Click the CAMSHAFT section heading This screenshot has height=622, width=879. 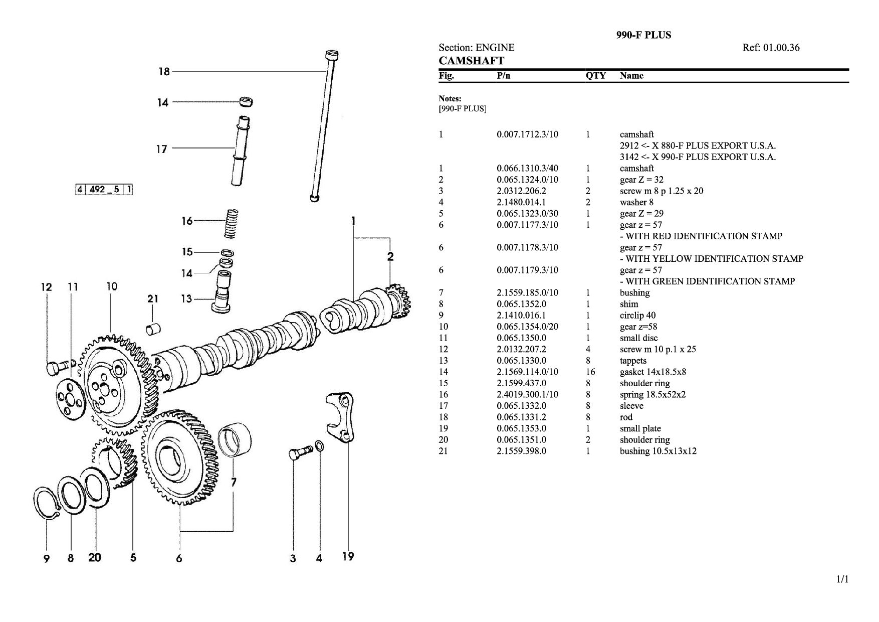click(x=471, y=61)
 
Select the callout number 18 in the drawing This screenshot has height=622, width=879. click(x=164, y=72)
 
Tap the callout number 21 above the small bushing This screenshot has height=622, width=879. click(x=153, y=299)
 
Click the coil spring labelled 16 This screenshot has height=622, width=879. click(x=230, y=223)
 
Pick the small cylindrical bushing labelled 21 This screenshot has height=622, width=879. click(x=153, y=329)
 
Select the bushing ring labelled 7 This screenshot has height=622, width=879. click(x=236, y=440)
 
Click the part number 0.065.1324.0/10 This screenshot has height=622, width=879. click(x=527, y=180)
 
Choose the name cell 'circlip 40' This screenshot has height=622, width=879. click(x=637, y=316)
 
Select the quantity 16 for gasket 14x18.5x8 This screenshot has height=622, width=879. click(x=590, y=372)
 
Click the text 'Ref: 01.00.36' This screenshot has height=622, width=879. click(x=771, y=48)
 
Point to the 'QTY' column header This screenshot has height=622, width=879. click(x=595, y=76)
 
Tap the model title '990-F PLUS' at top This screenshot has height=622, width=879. click(x=643, y=35)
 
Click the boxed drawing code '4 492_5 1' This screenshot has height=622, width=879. click(x=104, y=189)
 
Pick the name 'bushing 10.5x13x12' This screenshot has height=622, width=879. click(x=658, y=451)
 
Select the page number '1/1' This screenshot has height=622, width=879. click(x=842, y=580)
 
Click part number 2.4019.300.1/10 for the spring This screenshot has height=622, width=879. click(x=527, y=394)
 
